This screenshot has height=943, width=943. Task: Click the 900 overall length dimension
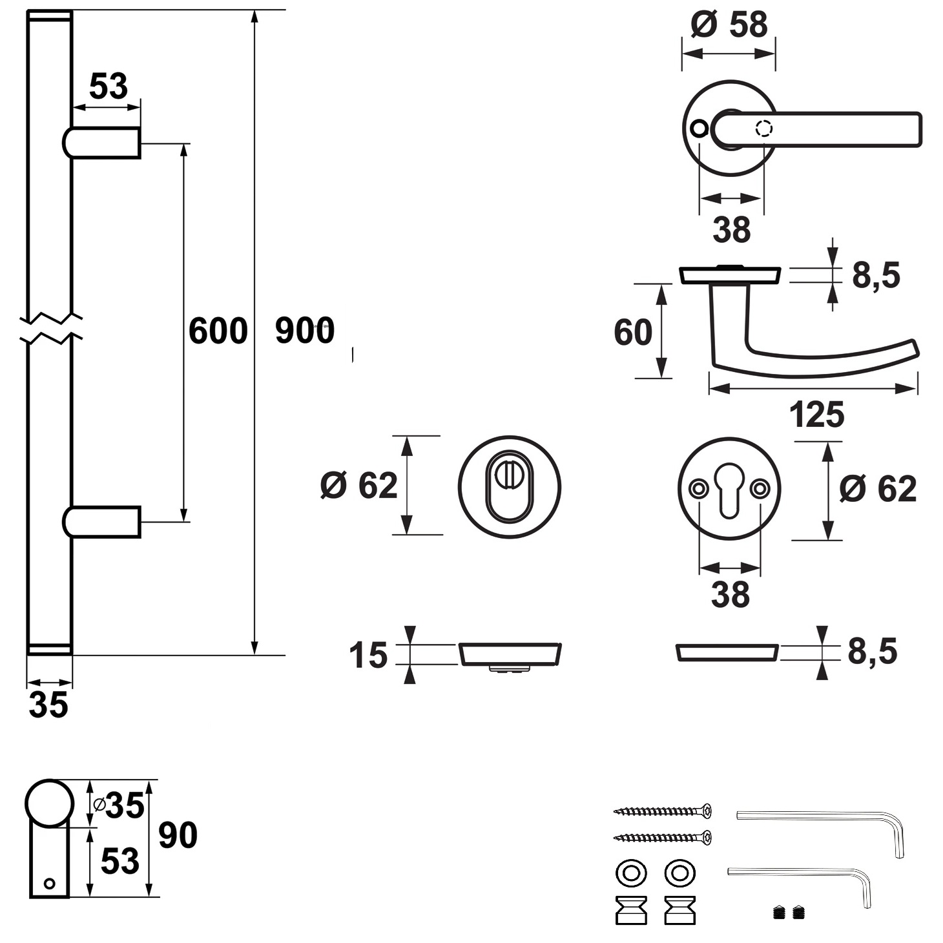tap(304, 331)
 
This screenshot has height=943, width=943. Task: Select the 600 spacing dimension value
tap(218, 331)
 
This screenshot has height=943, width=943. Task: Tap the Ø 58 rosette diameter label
tap(729, 25)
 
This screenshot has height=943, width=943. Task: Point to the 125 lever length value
tap(816, 415)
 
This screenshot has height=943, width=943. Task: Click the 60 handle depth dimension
tap(632, 332)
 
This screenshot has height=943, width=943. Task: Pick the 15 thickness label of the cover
tap(368, 655)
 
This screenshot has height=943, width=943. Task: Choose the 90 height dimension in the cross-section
tap(178, 835)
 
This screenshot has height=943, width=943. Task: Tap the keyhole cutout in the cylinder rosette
tap(729, 491)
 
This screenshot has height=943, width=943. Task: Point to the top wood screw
tap(663, 811)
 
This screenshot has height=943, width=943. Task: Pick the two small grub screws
tap(789, 913)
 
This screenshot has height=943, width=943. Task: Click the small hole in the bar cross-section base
tap(49, 883)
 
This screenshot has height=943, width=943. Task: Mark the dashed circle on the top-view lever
tap(764, 129)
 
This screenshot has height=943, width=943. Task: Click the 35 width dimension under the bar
tap(48, 705)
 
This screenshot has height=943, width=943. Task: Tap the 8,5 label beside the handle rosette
tap(876, 276)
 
